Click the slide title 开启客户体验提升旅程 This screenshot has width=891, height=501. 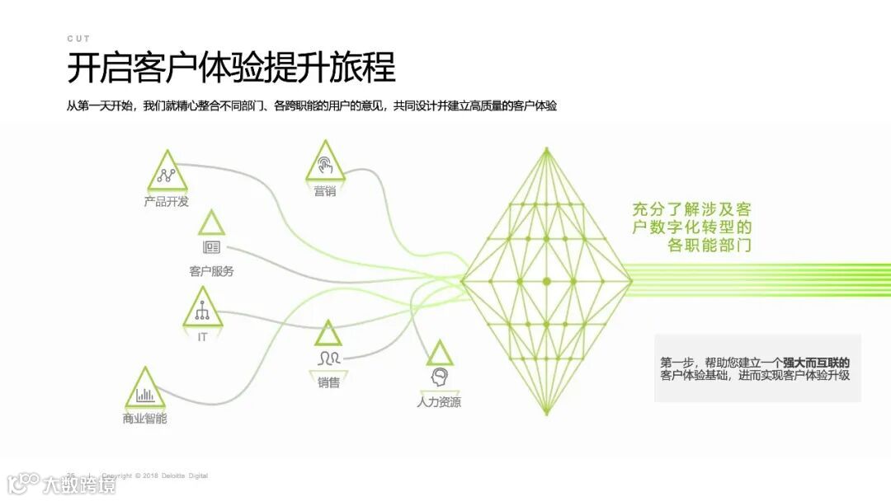click(x=231, y=68)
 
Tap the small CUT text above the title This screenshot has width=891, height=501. click(x=78, y=39)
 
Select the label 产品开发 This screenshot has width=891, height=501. click(x=166, y=202)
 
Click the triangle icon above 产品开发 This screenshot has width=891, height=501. click(x=167, y=173)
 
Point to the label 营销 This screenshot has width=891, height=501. click(x=324, y=191)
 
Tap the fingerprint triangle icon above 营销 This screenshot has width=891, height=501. click(x=324, y=163)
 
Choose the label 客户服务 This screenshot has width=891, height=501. click(x=211, y=271)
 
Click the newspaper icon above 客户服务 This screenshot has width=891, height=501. click(x=211, y=247)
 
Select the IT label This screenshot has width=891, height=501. click(x=202, y=337)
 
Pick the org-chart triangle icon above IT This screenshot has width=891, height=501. click(x=202, y=310)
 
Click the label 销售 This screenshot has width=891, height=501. click(x=328, y=382)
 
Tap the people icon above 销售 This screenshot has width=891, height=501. click(x=328, y=358)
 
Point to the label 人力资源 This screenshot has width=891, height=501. click(x=439, y=402)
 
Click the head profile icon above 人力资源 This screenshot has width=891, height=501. click(x=440, y=377)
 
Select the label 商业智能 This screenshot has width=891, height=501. click(x=144, y=419)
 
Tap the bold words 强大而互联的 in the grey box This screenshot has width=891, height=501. click(x=816, y=363)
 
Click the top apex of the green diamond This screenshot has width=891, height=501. click(x=546, y=150)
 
